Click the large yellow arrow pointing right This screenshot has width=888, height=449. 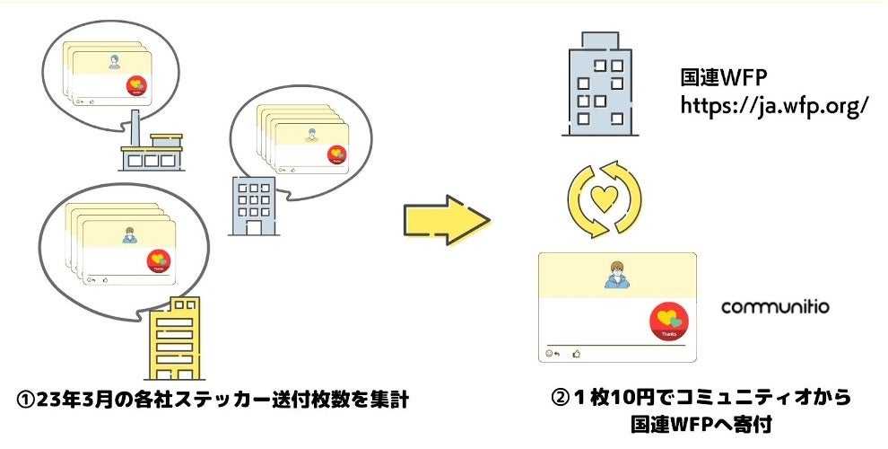pos(446,221)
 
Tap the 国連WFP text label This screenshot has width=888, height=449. pos(724,78)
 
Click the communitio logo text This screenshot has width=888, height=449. pos(775,308)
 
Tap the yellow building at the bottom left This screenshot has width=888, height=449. pos(177,339)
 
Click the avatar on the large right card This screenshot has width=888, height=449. pos(616,275)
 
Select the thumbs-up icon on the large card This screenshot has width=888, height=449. pos(578,354)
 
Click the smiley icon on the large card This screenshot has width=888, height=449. pos(549,354)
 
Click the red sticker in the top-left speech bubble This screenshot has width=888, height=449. pos(136,86)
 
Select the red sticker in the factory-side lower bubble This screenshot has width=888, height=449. pos(160,260)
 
